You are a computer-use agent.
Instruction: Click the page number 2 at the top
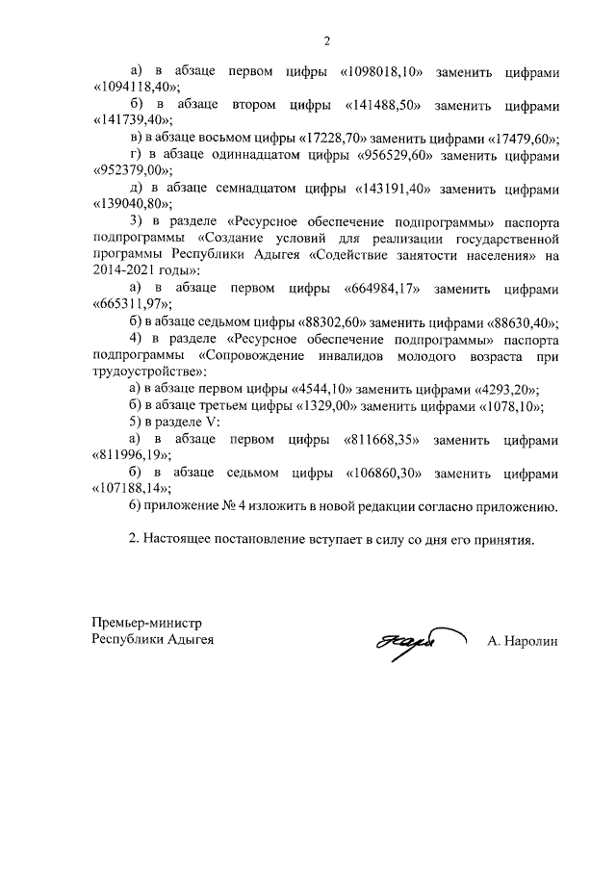[325, 40]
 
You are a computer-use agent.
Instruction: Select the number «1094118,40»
[134, 89]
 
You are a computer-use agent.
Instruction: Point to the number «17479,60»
[520, 138]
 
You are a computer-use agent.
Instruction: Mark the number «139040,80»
[131, 203]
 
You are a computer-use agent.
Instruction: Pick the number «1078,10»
[506, 405]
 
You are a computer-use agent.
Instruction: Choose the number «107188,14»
[131, 489]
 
